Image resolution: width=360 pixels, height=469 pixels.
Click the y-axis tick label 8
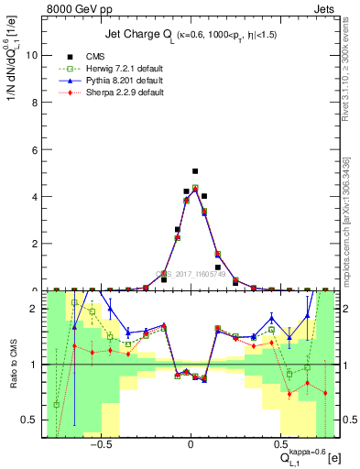pos(33,102)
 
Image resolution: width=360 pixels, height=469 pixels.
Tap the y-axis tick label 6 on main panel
pos(33,149)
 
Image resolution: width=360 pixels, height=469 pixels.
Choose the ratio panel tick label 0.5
pos(28,420)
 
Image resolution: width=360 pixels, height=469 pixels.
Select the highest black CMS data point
pos(195,171)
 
